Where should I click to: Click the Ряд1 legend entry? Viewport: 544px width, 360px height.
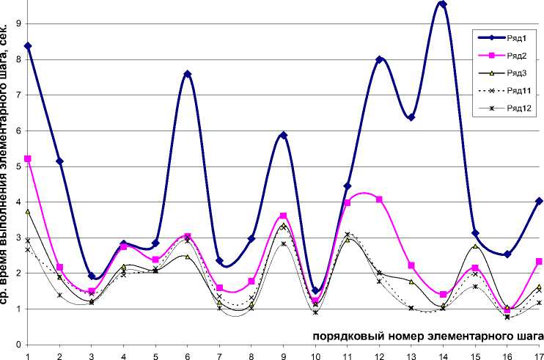tap(509, 37)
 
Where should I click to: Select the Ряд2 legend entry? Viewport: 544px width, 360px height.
tap(509, 55)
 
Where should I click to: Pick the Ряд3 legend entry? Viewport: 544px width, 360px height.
tap(509, 73)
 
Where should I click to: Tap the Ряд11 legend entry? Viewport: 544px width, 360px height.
tap(509, 90)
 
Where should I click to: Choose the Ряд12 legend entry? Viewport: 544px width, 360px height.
tap(509, 109)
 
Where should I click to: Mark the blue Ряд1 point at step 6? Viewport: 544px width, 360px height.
tap(188, 74)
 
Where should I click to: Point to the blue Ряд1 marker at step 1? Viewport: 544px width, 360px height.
tap(28, 46)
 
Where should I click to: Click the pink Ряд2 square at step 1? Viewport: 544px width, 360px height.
tap(28, 158)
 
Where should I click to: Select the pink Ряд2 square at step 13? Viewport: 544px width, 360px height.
tap(411, 265)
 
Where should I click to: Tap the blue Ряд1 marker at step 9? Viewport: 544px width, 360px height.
tap(284, 136)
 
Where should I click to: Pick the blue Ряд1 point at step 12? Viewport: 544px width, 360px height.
tap(380, 60)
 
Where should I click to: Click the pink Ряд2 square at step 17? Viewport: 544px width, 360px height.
tap(539, 262)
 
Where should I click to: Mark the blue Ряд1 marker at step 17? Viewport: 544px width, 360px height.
tap(539, 201)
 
